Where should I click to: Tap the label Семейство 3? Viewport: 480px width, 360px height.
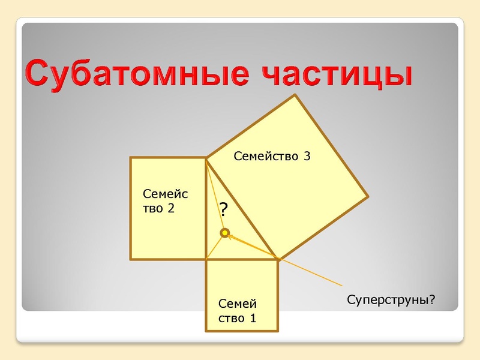272,157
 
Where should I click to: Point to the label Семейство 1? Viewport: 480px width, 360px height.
238,311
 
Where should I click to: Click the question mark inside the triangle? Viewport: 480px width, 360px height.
223,209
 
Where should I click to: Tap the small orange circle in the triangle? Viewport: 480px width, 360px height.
224,232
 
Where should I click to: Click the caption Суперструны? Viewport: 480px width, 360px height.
391,298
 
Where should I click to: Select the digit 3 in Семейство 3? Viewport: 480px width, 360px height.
307,157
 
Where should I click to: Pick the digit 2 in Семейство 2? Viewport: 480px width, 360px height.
171,209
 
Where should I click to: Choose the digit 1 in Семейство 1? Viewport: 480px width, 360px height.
253,318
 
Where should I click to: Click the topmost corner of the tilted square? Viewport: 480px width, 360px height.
295,95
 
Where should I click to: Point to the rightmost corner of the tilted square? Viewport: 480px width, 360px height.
367,196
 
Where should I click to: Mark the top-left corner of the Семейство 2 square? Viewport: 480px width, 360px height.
131,158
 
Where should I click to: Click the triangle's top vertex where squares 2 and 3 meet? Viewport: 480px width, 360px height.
206,158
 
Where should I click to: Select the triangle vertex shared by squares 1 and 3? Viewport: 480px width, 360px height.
278,259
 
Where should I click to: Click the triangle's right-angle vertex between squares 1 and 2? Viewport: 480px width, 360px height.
206,259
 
